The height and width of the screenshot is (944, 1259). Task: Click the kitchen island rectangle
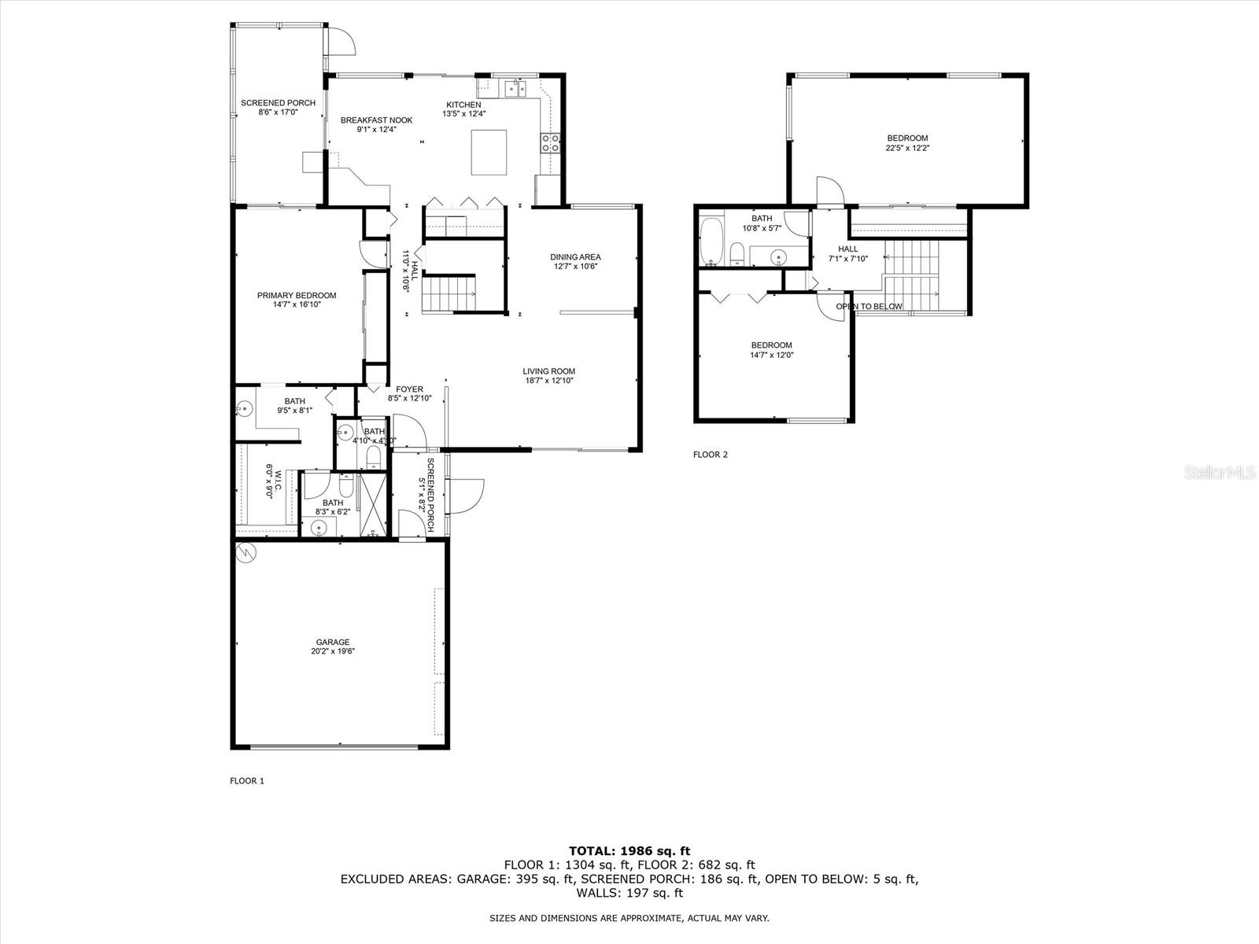[x=489, y=153]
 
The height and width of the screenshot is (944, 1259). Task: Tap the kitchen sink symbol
[x=515, y=89]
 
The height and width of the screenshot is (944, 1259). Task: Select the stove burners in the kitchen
[x=550, y=143]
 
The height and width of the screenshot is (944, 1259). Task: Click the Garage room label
[x=333, y=642]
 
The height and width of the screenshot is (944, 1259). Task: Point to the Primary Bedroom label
[x=297, y=295]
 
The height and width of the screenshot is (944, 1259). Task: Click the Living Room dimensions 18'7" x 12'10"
[x=549, y=381]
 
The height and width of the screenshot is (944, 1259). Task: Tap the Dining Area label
[x=575, y=256]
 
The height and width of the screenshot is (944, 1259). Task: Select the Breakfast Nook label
[x=376, y=120]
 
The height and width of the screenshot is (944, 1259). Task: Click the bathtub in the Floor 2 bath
[x=711, y=242]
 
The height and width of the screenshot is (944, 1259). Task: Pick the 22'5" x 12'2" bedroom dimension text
[x=907, y=148]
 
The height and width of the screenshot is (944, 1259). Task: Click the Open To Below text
[x=869, y=307]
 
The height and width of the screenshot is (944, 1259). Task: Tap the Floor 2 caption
[x=710, y=455]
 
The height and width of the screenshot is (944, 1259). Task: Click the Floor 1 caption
[x=246, y=780]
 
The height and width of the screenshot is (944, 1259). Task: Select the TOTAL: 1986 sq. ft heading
[x=629, y=851]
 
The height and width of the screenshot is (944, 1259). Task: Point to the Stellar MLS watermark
[x=1220, y=472]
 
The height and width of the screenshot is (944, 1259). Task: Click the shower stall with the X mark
[x=374, y=504]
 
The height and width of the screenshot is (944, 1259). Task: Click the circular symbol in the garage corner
[x=246, y=552]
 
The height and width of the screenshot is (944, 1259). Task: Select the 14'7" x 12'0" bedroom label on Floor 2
[x=771, y=356]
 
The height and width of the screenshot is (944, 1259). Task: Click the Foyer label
[x=409, y=389]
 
